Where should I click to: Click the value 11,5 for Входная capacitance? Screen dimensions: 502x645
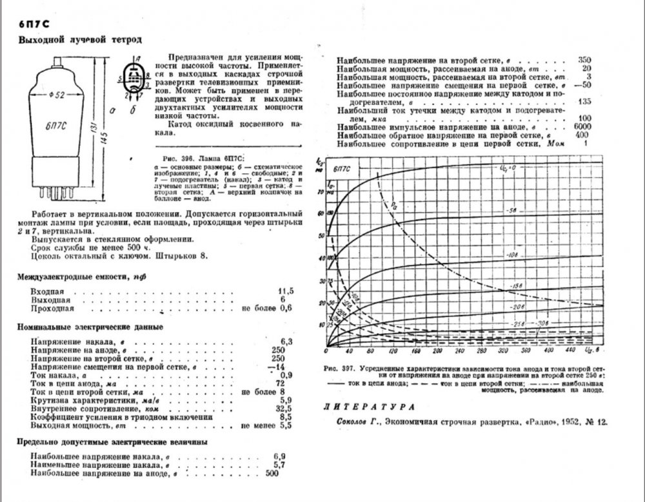285,291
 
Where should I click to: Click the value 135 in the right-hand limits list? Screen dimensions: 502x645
584,102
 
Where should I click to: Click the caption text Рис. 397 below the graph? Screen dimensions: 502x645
348,369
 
